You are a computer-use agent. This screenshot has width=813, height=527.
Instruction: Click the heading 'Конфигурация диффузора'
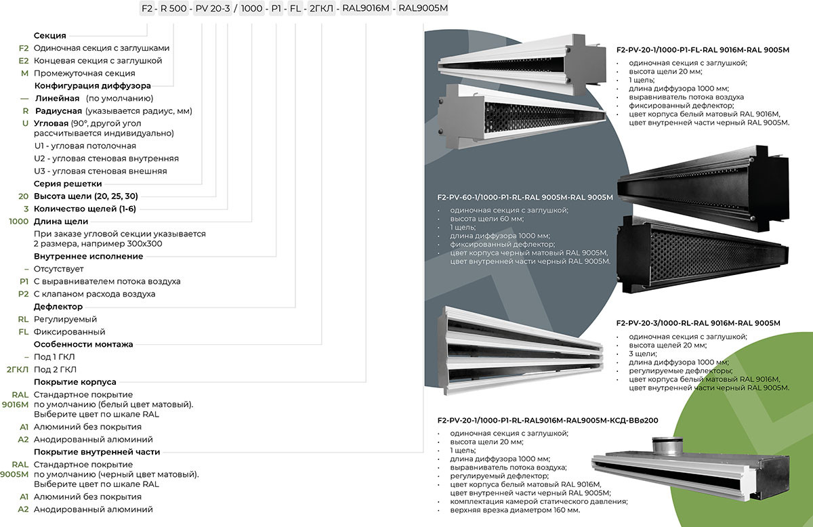[92, 86]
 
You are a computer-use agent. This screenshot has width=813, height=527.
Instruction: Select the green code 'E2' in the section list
[24, 61]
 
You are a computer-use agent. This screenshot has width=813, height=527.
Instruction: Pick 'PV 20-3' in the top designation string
[210, 9]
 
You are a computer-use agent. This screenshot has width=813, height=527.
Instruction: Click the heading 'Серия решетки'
[68, 184]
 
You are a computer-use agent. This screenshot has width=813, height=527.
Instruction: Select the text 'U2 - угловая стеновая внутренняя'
[106, 159]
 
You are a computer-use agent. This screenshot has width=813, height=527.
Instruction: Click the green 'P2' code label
[24, 295]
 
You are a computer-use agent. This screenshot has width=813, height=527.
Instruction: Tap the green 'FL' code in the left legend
[24, 333]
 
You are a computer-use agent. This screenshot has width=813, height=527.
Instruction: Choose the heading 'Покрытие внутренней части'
[97, 452]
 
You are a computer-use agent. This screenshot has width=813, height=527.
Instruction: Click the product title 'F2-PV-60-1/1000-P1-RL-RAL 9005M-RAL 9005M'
[525, 198]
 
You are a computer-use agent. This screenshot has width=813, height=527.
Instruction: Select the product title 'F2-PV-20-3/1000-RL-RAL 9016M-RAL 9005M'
[699, 323]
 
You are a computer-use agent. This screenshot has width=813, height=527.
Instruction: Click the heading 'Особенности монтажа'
[83, 345]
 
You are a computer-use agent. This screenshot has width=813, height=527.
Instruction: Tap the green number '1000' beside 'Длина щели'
[18, 222]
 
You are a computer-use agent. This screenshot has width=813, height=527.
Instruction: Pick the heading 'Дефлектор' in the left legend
[58, 307]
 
